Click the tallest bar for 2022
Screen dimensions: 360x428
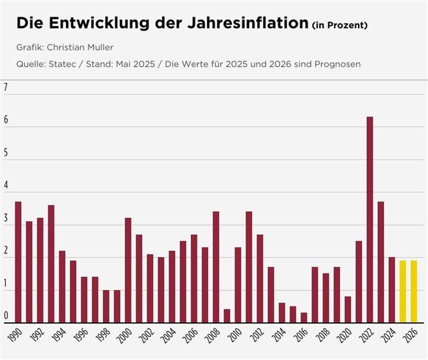(370, 219)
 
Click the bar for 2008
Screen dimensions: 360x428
(216, 267)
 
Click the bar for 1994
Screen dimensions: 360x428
(62, 286)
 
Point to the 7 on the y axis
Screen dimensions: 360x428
(6, 88)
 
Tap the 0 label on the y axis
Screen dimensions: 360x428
(6, 315)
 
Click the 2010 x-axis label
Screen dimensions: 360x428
(238, 336)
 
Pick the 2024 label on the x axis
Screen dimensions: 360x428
(392, 336)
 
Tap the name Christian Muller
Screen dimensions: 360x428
(80, 47)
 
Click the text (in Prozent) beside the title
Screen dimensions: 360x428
(339, 26)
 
